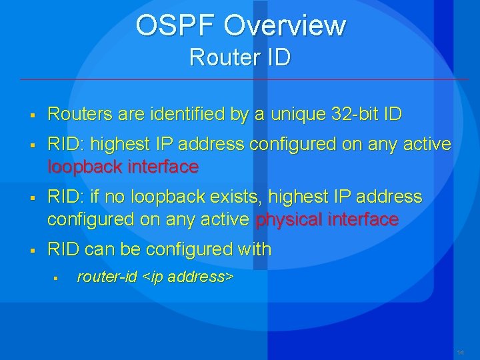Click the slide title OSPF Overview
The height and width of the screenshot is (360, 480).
coord(241,26)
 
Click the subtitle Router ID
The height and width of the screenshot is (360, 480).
coord(240,57)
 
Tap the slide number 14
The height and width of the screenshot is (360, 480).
coord(461,351)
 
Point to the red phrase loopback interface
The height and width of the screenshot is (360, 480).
coord(123,167)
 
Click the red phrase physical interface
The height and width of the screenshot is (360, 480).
coord(327,219)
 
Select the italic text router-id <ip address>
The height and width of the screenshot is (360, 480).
coord(155,277)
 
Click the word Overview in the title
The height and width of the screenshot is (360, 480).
coord(285,26)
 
